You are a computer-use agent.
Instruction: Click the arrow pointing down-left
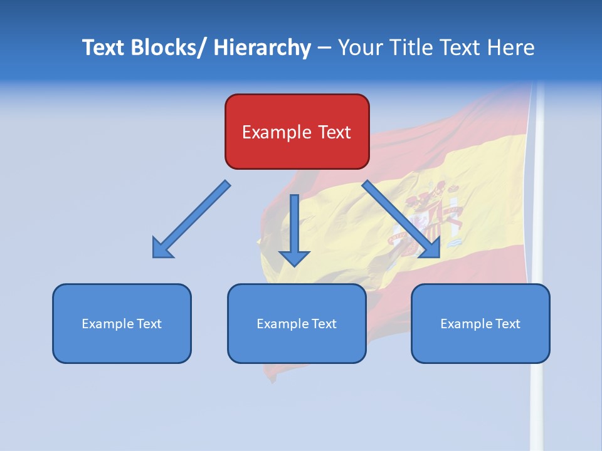point(191,220)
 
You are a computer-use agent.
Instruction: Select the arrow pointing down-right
point(401,219)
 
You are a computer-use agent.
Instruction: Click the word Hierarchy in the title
point(262,48)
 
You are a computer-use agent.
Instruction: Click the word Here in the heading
point(510,48)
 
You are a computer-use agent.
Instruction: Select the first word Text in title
point(103,48)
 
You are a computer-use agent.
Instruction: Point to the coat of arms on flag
point(433,213)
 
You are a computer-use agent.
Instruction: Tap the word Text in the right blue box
point(507,324)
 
